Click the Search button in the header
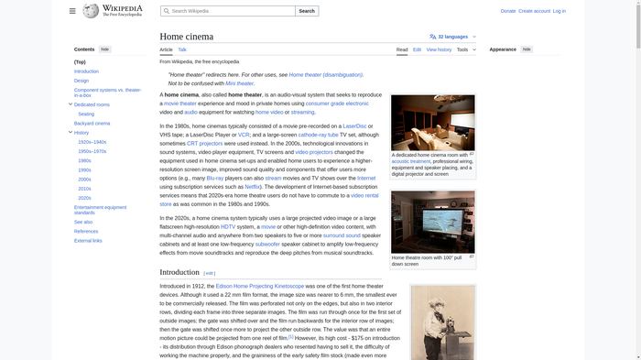coord(307,11)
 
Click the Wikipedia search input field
coord(229,11)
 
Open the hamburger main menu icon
coord(72,11)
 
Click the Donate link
coord(508,11)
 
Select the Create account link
coord(534,11)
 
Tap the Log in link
coord(559,11)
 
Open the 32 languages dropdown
coord(452,37)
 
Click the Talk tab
coord(182,49)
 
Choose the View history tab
coord(439,49)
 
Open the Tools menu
coord(465,49)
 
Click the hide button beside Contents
coord(104,49)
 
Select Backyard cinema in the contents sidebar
coord(92,123)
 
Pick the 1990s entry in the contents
coord(84,169)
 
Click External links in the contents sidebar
coord(88,241)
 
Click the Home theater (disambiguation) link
coord(325,74)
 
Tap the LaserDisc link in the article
coord(354,125)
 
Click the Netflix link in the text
coord(252,186)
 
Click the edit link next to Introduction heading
coord(210,273)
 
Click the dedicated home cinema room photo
coord(432,122)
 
